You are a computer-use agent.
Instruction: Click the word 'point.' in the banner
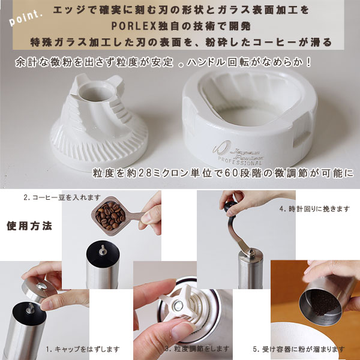pos(25,17)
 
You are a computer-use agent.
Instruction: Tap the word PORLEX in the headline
pos(134,26)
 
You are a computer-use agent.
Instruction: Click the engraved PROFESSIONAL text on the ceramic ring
pos(240,161)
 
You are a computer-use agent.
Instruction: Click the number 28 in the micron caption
pos(145,173)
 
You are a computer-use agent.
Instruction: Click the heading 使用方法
pos(29,226)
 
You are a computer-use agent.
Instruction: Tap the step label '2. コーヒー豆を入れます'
pos(62,197)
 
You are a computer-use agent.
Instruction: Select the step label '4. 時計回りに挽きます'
pos(314,209)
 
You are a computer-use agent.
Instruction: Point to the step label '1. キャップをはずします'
pos(83,349)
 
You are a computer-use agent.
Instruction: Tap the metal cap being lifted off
pos(39,290)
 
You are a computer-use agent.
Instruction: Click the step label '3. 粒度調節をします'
pos(197,349)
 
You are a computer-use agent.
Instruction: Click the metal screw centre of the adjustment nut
pos(178,306)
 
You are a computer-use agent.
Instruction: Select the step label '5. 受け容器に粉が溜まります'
pos(299,349)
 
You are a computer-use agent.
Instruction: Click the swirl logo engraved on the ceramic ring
pos(221,148)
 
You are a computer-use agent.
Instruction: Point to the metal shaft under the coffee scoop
pos(103,250)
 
